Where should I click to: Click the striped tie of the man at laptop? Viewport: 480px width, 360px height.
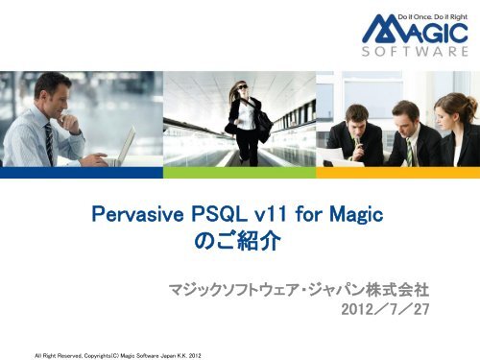click(49, 142)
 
